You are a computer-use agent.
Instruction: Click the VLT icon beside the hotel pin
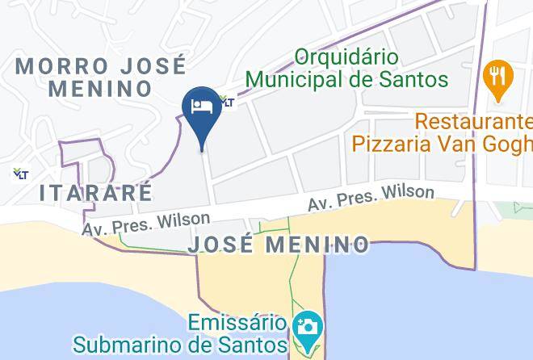[x=228, y=102]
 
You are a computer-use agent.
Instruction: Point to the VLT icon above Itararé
[x=19, y=173]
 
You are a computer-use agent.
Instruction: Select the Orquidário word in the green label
[x=347, y=57]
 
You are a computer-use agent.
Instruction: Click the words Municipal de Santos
[x=346, y=80]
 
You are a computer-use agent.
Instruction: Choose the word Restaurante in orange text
[x=474, y=123]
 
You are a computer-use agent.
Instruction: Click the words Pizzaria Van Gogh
[x=442, y=144]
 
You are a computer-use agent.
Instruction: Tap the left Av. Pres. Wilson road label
[x=145, y=224]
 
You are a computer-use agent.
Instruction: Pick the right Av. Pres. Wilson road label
[x=371, y=199]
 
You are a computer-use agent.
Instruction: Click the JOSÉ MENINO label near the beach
[x=279, y=244]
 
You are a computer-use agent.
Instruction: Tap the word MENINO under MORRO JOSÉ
[x=101, y=89]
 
